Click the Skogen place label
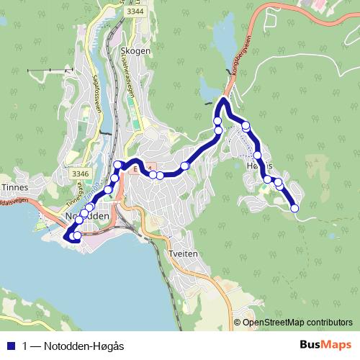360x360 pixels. [137, 50]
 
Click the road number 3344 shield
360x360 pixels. [135, 12]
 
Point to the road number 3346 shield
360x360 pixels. [81, 174]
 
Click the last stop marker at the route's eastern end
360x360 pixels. [294, 208]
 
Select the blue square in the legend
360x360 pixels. [10, 346]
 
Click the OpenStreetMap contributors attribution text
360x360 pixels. [298, 323]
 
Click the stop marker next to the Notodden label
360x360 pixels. [84, 213]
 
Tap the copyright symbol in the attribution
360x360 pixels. [237, 323]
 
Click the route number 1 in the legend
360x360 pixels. [26, 346]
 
